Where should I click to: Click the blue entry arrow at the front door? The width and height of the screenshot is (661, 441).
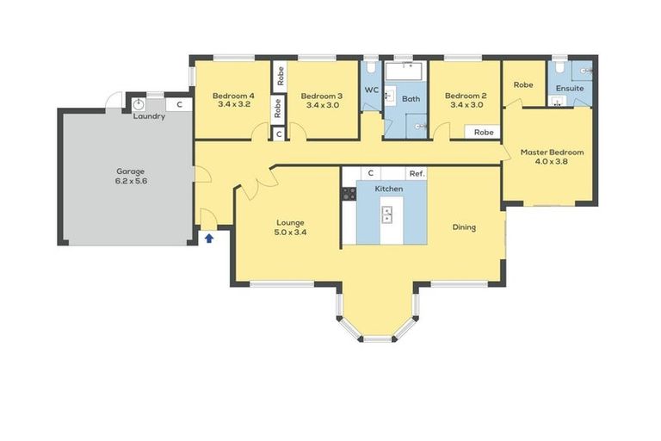coord(208,239)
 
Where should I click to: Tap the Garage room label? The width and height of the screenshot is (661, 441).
coord(132,171)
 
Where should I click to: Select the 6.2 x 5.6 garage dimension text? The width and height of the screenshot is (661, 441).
coord(132,182)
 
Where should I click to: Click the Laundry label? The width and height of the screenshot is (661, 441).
coord(149,117)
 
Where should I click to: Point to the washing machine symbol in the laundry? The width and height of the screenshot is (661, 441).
coord(139,103)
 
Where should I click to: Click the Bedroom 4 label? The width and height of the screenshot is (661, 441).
coord(234,95)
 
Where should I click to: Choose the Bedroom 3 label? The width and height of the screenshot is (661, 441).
coord(323,96)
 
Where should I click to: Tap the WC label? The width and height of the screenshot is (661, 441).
coord(372,90)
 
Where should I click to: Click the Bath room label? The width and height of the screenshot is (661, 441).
coord(411,99)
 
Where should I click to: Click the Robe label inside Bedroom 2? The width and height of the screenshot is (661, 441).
coord(484,133)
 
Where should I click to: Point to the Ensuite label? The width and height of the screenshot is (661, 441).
coord(570,88)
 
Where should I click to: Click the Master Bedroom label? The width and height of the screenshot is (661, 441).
coord(552,152)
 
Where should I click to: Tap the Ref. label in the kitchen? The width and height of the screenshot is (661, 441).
coord(417,174)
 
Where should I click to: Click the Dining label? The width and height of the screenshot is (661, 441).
coord(464,227)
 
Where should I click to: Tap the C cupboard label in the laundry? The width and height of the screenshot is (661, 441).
coord(179,104)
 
